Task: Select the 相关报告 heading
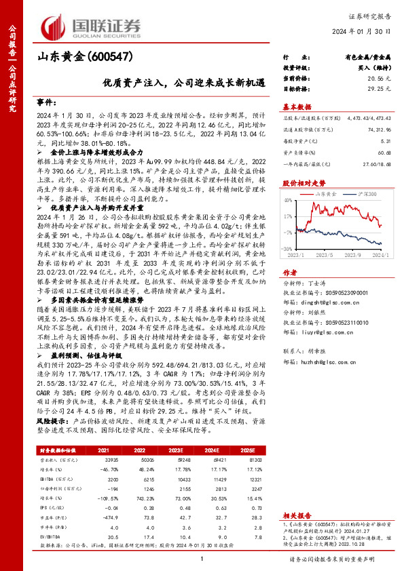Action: pos(297,496)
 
